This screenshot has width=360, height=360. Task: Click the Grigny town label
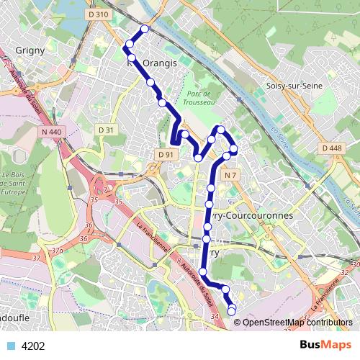click(30, 51)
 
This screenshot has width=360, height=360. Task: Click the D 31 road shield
click(106, 130)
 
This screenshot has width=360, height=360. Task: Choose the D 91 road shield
click(165, 154)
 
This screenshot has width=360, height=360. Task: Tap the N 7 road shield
click(230, 176)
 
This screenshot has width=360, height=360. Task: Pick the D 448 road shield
click(332, 148)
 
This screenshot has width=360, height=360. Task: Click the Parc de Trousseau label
click(198, 99)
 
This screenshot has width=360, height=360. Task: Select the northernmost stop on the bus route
click(145, 29)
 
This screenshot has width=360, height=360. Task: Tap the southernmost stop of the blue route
click(232, 310)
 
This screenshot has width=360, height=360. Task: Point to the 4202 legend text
click(33, 346)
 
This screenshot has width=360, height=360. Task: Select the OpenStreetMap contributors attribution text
click(297, 323)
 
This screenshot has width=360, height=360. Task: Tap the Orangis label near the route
click(159, 63)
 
